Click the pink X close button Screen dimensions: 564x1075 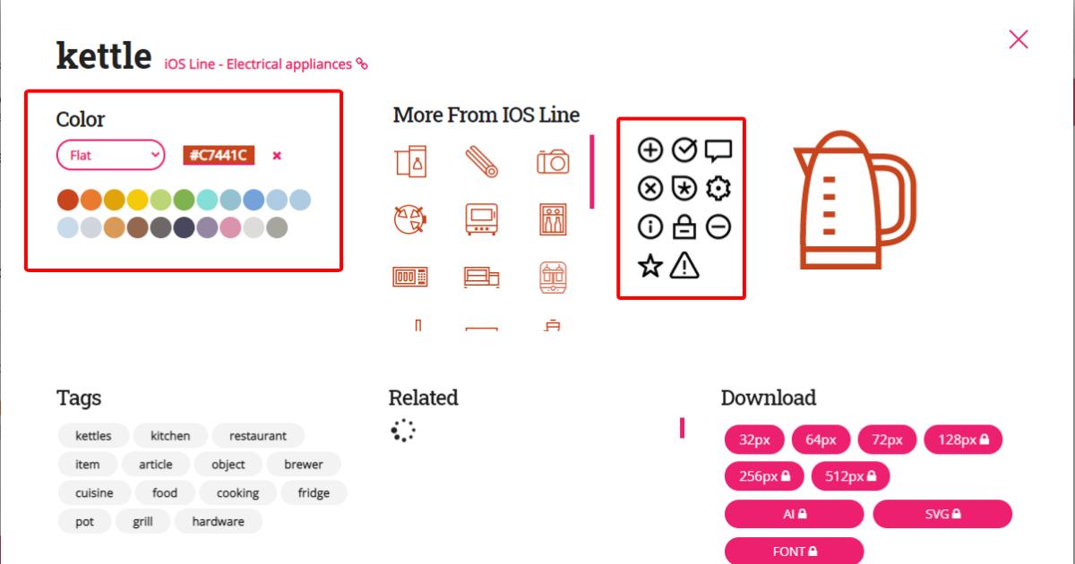[1018, 39]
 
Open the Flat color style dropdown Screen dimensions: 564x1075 [111, 155]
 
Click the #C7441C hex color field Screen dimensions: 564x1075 [219, 155]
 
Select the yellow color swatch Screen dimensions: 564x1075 [137, 200]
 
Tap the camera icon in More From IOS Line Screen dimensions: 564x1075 [553, 161]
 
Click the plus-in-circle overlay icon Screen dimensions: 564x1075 [649, 150]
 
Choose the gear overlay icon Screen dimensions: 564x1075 [718, 188]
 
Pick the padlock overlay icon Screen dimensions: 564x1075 [684, 227]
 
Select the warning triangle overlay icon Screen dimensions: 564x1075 [684, 266]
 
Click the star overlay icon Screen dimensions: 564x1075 [649, 266]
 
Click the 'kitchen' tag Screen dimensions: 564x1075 [170, 436]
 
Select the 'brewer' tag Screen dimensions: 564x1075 [304, 464]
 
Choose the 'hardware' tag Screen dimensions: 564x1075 [218, 521]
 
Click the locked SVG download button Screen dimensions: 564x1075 [942, 514]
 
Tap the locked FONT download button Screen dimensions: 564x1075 [794, 551]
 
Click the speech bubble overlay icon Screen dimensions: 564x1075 [718, 150]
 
